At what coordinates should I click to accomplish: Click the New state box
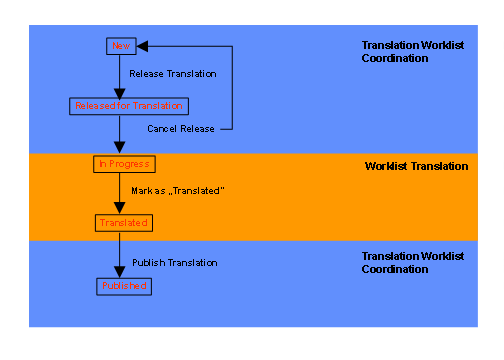click(120, 45)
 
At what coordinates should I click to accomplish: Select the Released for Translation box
click(128, 105)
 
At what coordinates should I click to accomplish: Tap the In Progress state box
click(124, 163)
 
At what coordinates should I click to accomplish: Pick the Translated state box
click(123, 222)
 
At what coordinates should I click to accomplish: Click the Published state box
click(124, 286)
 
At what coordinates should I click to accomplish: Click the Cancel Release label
click(182, 129)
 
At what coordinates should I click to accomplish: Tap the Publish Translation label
click(175, 262)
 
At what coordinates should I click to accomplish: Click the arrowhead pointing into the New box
click(141, 45)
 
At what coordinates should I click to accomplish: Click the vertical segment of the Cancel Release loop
click(233, 88)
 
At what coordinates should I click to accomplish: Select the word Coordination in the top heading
click(395, 58)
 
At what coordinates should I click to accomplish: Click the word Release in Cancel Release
click(198, 129)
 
